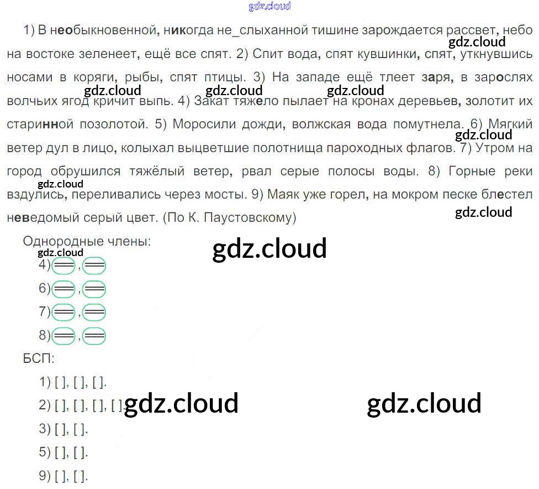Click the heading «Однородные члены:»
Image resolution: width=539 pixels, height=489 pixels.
point(87,242)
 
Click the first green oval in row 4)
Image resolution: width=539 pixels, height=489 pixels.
point(64,267)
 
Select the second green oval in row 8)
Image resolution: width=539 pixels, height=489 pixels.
point(93,336)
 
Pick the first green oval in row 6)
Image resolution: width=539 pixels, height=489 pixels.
point(64,289)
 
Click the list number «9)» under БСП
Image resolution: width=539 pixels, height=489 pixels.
point(45,475)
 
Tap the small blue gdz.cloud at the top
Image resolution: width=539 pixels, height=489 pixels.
point(269,7)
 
